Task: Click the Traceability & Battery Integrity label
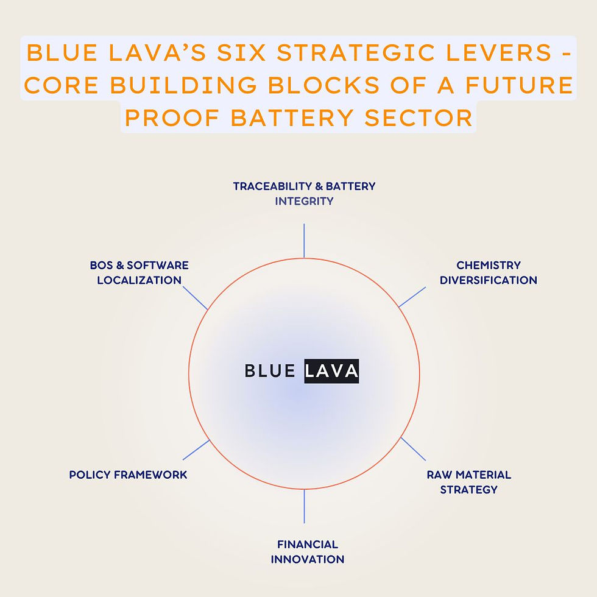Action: [x=304, y=193]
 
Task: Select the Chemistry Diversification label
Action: [x=489, y=272]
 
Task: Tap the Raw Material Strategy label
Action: [x=468, y=481]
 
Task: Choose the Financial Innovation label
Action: [x=307, y=551]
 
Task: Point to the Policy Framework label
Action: [x=128, y=475]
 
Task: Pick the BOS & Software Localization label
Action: [x=139, y=272]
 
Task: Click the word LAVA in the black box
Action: [x=331, y=371]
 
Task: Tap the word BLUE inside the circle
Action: [x=270, y=371]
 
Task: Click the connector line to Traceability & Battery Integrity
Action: [x=304, y=241]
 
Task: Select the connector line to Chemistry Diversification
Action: [x=412, y=297]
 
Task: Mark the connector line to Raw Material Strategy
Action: [x=413, y=448]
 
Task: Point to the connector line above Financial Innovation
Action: [x=304, y=506]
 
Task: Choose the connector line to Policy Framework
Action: [x=196, y=450]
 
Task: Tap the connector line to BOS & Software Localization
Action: [x=195, y=297]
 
